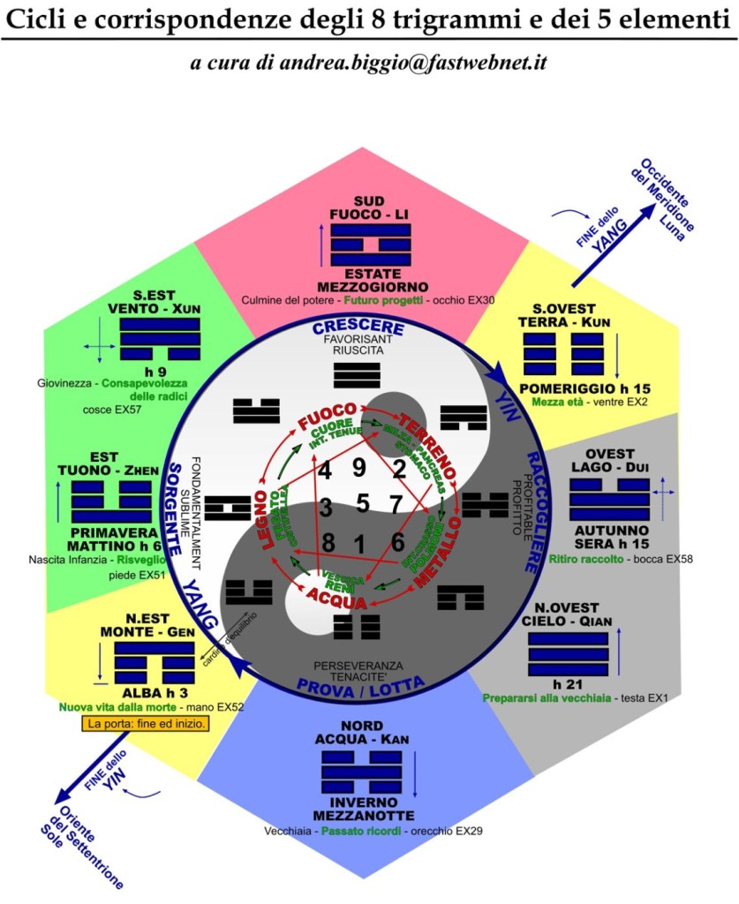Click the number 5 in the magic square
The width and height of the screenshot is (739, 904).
[x=361, y=505]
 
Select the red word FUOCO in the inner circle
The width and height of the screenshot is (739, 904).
[x=326, y=412]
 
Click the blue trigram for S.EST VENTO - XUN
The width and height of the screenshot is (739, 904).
[x=161, y=337]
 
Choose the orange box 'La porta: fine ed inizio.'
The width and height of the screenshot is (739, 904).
[x=145, y=724]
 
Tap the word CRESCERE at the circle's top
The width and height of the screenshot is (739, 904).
[x=358, y=328]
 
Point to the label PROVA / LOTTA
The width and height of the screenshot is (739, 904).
[x=361, y=683]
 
